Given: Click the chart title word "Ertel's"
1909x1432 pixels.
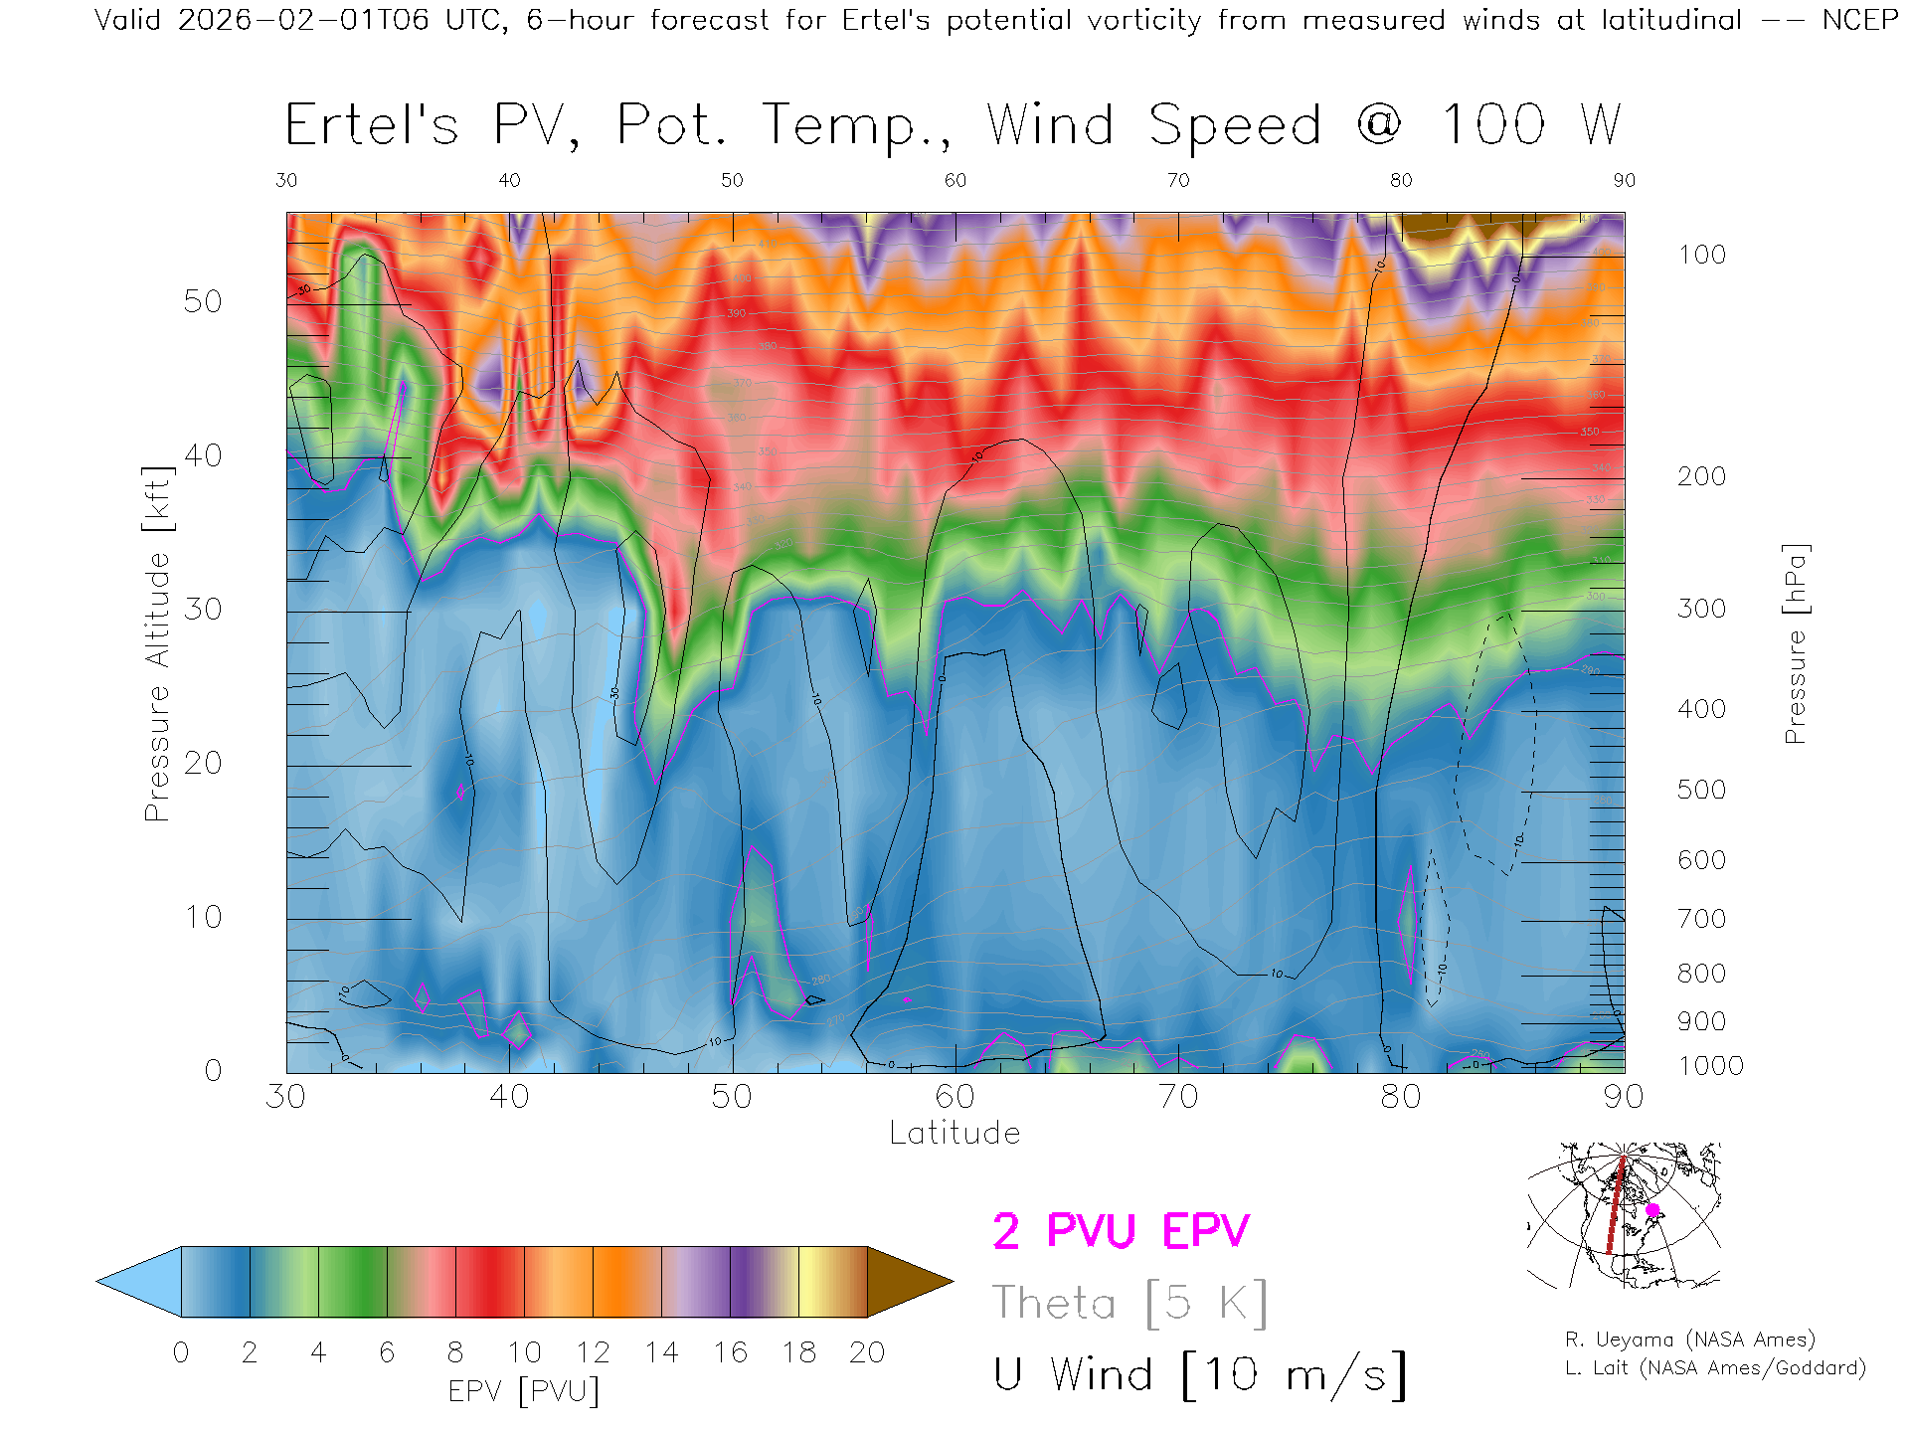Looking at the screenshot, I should coord(372,126).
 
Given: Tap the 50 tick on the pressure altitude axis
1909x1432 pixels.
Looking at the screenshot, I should coord(202,301).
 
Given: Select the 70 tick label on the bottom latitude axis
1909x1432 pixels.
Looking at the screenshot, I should coord(1177,1097).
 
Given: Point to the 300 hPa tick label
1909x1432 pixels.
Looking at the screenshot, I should coord(1701,609).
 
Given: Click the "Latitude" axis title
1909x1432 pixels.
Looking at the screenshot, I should coord(954,1134).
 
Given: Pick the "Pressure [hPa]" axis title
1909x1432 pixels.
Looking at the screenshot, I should coord(1795,643).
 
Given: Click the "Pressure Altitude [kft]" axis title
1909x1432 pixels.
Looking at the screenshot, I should coord(157,643).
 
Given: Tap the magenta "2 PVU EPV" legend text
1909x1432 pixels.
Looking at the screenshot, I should coord(1121,1231).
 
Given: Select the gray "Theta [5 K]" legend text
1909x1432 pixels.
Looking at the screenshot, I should coord(1129,1303).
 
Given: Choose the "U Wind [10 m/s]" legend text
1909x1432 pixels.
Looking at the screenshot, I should coord(1199,1375).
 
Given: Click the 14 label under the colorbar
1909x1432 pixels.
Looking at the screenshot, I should coord(661,1352).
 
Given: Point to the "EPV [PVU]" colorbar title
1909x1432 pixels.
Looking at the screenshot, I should coord(524,1391).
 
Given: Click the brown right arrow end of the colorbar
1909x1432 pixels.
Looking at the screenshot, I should coord(907,1282).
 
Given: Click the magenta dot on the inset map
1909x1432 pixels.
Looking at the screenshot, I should coord(1652,1210).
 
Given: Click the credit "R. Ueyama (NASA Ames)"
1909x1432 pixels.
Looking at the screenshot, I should coord(1689,1340).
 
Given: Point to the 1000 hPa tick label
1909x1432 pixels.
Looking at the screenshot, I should coord(1710,1066).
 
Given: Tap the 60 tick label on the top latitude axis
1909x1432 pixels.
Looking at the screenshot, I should coord(954,180).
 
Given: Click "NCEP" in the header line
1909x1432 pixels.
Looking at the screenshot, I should coord(1859,20).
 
